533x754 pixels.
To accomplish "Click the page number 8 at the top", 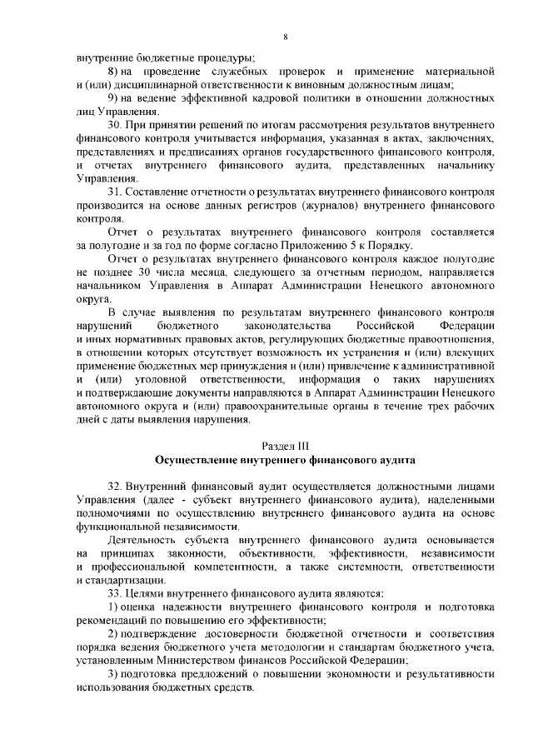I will pos(285,36).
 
